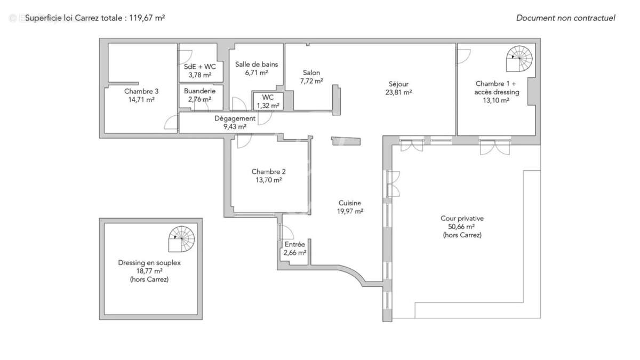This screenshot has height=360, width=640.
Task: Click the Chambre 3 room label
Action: (141, 91)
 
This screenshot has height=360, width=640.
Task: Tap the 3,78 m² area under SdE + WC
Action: (200, 75)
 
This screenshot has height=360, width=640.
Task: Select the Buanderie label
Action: (200, 91)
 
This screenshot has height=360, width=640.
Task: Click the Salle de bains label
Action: (257, 65)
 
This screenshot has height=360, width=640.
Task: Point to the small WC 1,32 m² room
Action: (268, 101)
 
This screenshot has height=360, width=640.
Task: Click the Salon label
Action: (311, 73)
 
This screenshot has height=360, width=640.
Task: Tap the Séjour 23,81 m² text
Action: (398, 87)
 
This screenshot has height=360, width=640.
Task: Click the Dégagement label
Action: (235, 118)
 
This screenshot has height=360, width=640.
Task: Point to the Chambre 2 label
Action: (269, 172)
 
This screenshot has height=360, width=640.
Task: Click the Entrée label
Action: (294, 244)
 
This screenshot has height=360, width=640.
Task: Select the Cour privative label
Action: (462, 218)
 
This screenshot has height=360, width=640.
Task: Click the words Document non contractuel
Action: (565, 18)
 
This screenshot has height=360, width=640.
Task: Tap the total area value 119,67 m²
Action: (146, 18)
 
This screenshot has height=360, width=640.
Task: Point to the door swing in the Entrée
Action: (286, 232)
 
